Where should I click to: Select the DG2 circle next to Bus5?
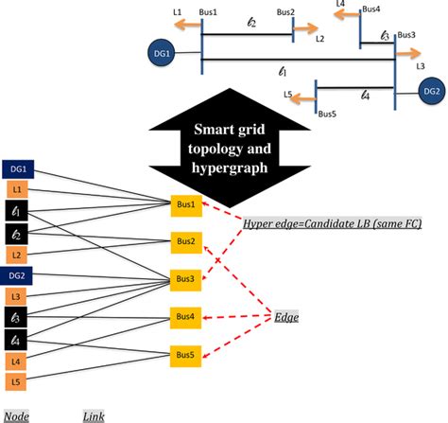[430, 92]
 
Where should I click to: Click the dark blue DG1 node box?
[18, 168]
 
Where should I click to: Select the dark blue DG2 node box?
[18, 275]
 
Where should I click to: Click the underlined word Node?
[15, 414]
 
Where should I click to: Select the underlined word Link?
[93, 414]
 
